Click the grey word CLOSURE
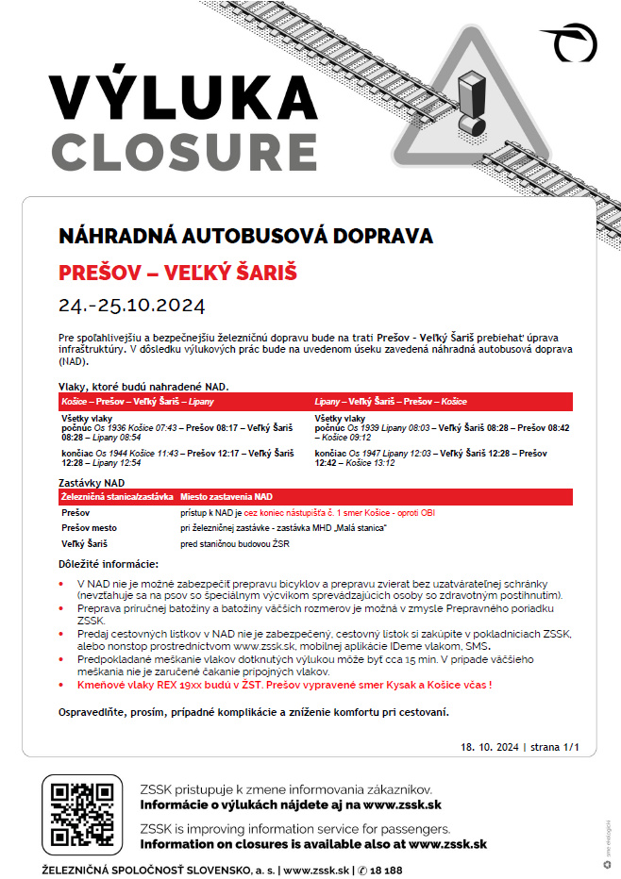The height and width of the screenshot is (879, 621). coord(184,151)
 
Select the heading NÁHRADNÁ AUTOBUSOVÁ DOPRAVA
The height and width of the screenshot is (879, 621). coord(245,236)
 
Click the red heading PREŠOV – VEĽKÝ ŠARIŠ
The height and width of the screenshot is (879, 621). coord(177,274)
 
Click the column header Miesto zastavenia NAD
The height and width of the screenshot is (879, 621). coord(227,496)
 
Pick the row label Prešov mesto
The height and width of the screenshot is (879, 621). coord(90,528)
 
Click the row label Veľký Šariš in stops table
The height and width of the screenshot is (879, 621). coord(86,544)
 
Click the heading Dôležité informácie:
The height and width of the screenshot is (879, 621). coord(109,563)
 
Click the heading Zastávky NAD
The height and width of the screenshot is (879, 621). coord(91,482)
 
